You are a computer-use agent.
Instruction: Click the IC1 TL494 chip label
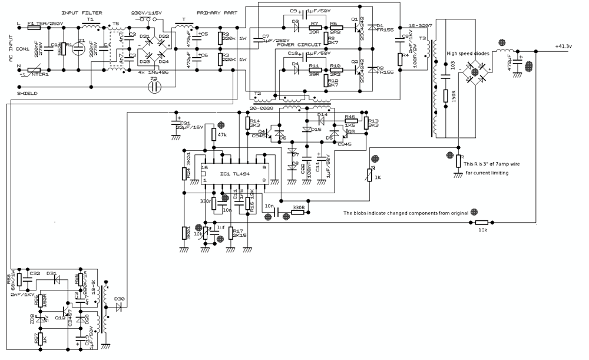click(234, 173)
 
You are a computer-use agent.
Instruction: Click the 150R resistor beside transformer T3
click(446, 96)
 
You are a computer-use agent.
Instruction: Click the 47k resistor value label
click(221, 135)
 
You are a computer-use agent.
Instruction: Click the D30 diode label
click(121, 299)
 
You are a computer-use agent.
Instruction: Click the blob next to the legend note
click(474, 212)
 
